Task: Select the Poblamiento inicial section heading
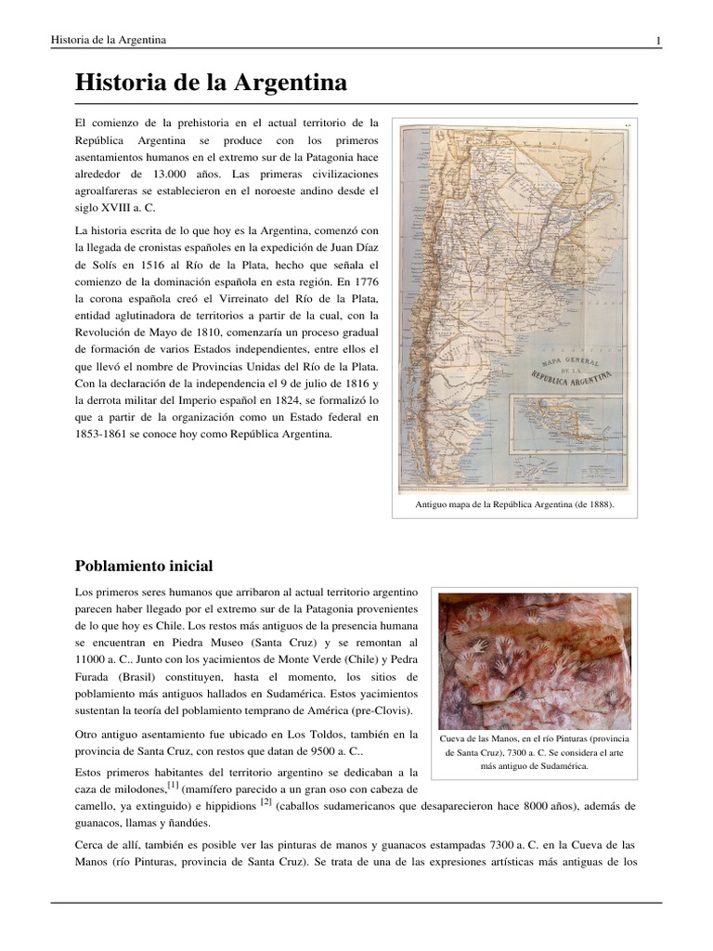(x=144, y=565)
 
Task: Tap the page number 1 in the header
(x=658, y=39)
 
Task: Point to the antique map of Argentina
(x=514, y=306)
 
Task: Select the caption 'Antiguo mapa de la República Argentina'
(x=514, y=508)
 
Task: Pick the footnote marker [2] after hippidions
(x=266, y=801)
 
